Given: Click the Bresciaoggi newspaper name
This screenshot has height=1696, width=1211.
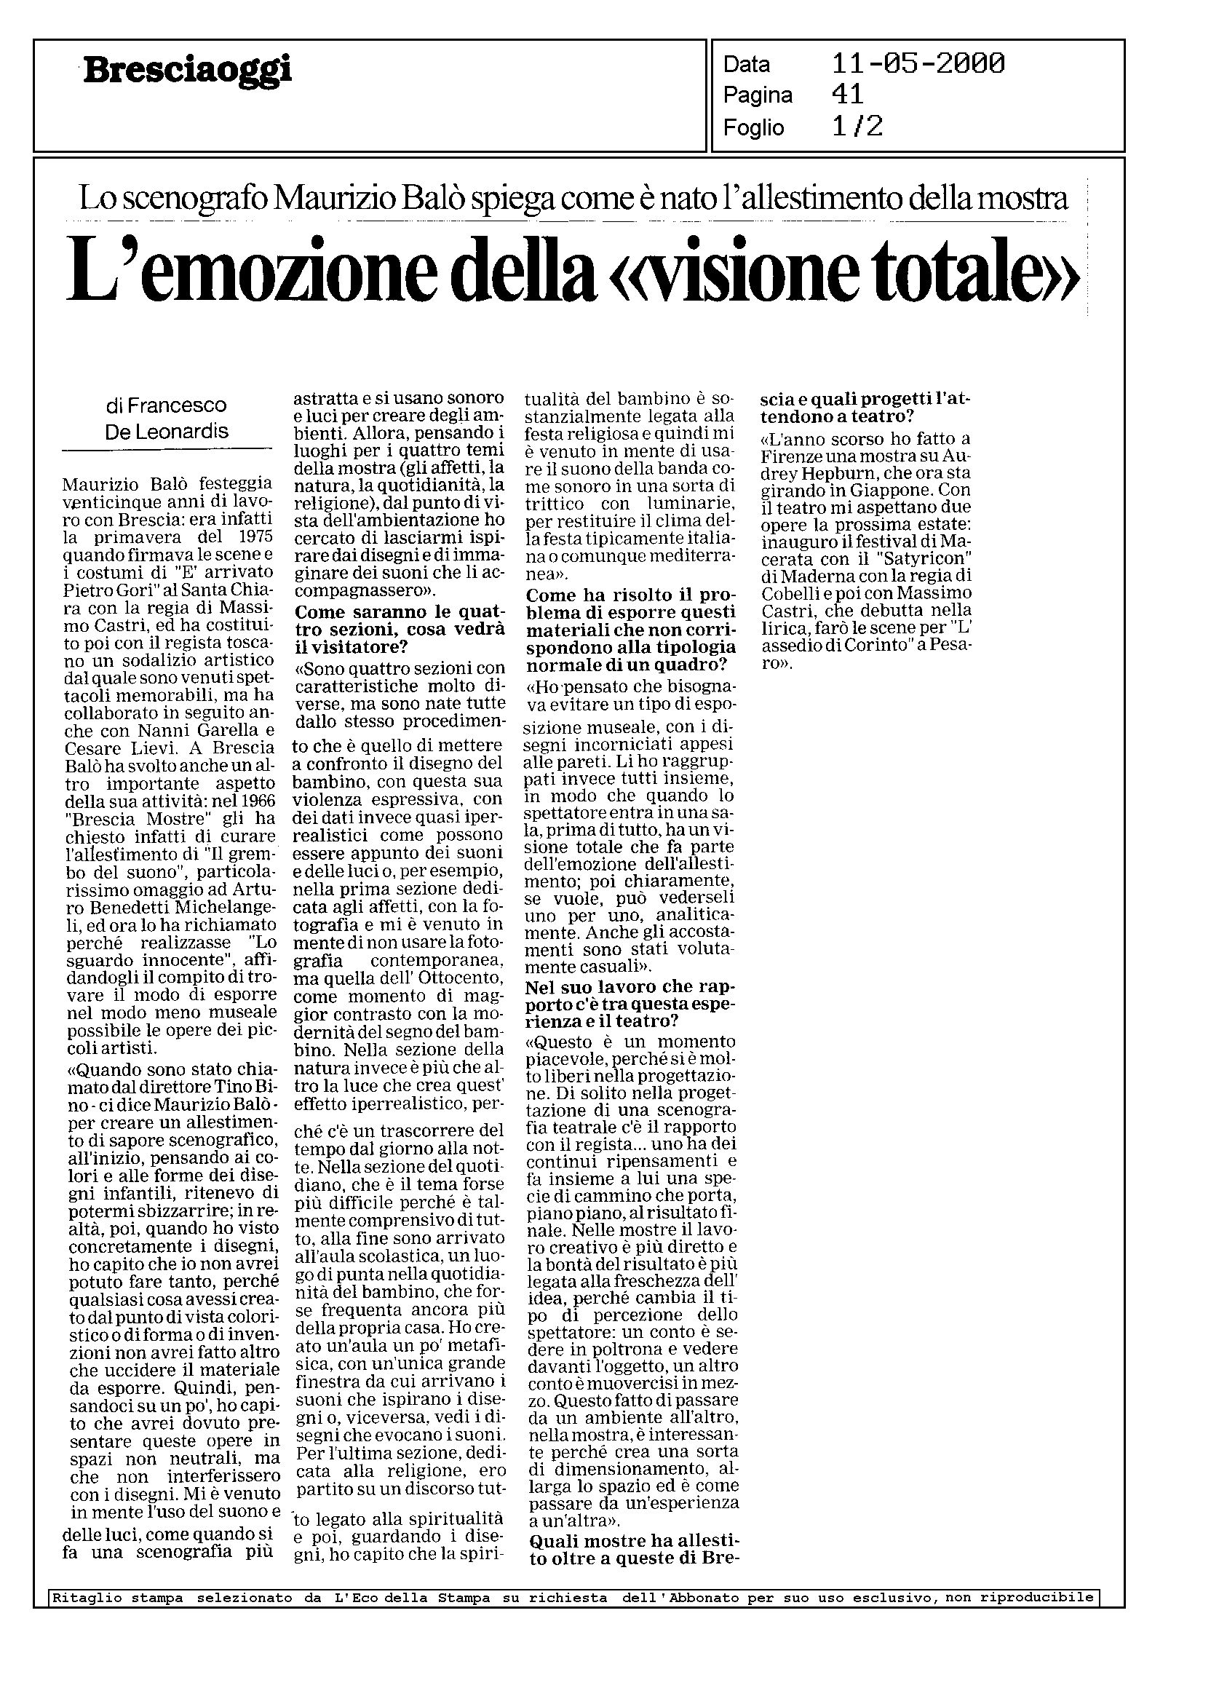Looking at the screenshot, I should click(x=188, y=72).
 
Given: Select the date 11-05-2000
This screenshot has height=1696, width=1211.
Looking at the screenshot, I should click(x=917, y=64).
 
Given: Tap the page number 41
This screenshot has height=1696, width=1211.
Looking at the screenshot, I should click(x=847, y=95).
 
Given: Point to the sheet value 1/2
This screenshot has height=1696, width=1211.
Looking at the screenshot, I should click(x=857, y=127).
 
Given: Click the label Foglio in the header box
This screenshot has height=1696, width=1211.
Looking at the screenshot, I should click(x=753, y=128).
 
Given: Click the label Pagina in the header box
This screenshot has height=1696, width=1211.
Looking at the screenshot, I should click(x=758, y=95).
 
